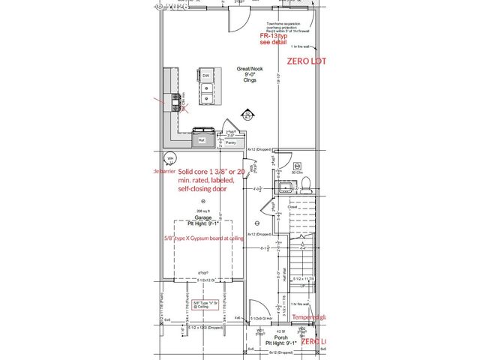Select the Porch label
click(281, 337)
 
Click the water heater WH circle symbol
click(170, 159)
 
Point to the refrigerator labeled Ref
click(201, 139)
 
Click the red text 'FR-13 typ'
click(274, 36)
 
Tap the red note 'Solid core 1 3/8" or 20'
click(211, 172)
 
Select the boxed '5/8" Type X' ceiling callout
click(206, 304)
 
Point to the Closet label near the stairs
click(282, 207)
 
